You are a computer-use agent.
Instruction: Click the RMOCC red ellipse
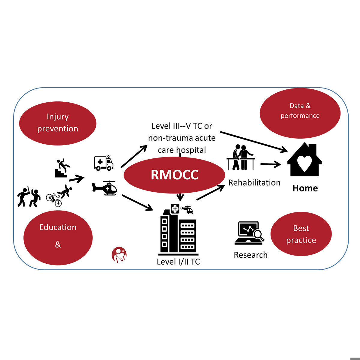coord(174,175)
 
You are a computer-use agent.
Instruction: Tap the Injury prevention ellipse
coord(58,123)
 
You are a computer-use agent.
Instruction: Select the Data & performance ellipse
coord(300,113)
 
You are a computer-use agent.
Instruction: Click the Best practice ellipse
coord(301,234)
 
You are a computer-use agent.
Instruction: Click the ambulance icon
coord(104,163)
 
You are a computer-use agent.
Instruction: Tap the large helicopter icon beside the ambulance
coord(104,188)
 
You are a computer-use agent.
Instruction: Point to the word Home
coord(305,188)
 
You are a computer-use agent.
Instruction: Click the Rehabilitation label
coord(254,182)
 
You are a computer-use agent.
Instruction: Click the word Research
coord(250,255)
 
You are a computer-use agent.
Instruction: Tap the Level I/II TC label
coord(178,262)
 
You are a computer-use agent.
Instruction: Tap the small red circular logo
coord(119,255)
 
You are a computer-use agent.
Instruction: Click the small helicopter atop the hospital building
coord(187,209)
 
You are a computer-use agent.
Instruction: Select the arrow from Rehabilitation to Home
coord(270,164)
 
